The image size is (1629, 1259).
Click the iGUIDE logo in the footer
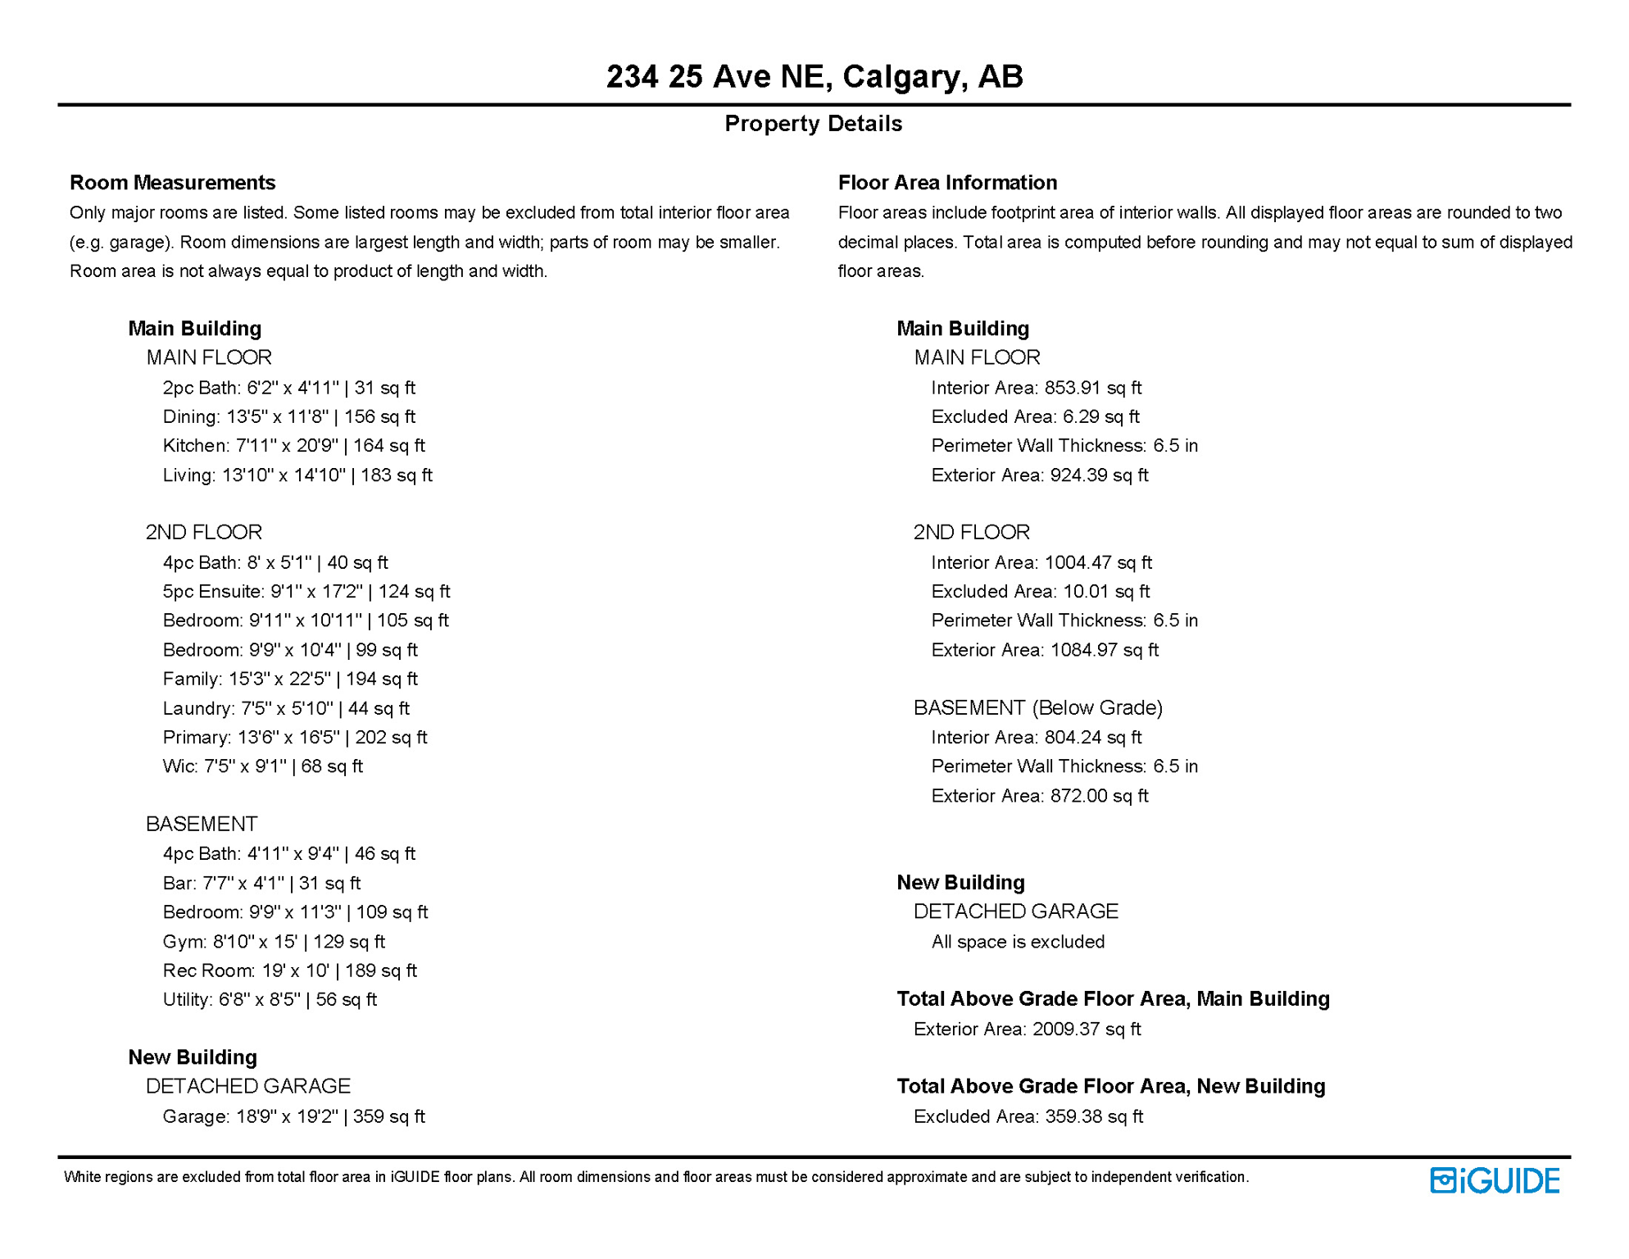pos(1494,1180)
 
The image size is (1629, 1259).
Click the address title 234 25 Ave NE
pos(814,76)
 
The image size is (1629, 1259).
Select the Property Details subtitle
pos(813,124)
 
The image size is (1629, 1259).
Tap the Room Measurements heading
pos(172,182)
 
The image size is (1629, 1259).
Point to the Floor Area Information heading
pos(947,182)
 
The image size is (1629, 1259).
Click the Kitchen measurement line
pos(293,446)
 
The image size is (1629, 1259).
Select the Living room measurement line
pos(297,475)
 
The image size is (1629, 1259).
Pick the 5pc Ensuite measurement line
pos(306,592)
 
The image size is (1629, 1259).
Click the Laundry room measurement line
pos(285,708)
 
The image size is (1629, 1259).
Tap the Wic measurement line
pos(262,766)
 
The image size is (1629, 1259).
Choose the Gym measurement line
pos(273,942)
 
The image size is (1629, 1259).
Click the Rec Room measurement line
pos(289,970)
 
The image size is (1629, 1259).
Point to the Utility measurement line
pos(269,1000)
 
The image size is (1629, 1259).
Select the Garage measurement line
pos(293,1116)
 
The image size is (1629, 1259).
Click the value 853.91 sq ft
pos(1092,388)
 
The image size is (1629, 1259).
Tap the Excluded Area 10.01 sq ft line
pos(1040,592)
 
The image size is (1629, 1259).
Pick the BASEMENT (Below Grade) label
pos(1037,707)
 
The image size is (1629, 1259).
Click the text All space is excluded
pos(1018,942)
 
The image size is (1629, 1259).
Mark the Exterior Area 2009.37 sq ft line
pos(1027,1029)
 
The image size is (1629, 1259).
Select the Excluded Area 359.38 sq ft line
pos(1028,1116)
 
